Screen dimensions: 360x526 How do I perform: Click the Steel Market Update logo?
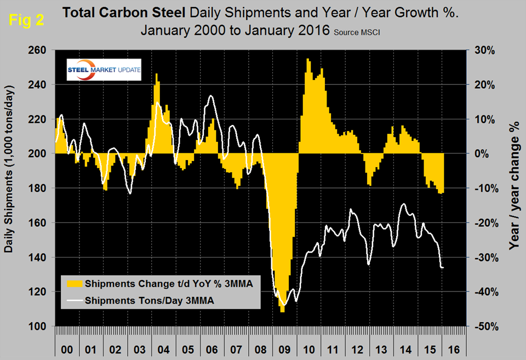pos(96,70)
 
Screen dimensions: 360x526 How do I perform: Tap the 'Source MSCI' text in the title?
pos(356,32)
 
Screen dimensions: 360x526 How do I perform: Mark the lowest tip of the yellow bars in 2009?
pos(282,312)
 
